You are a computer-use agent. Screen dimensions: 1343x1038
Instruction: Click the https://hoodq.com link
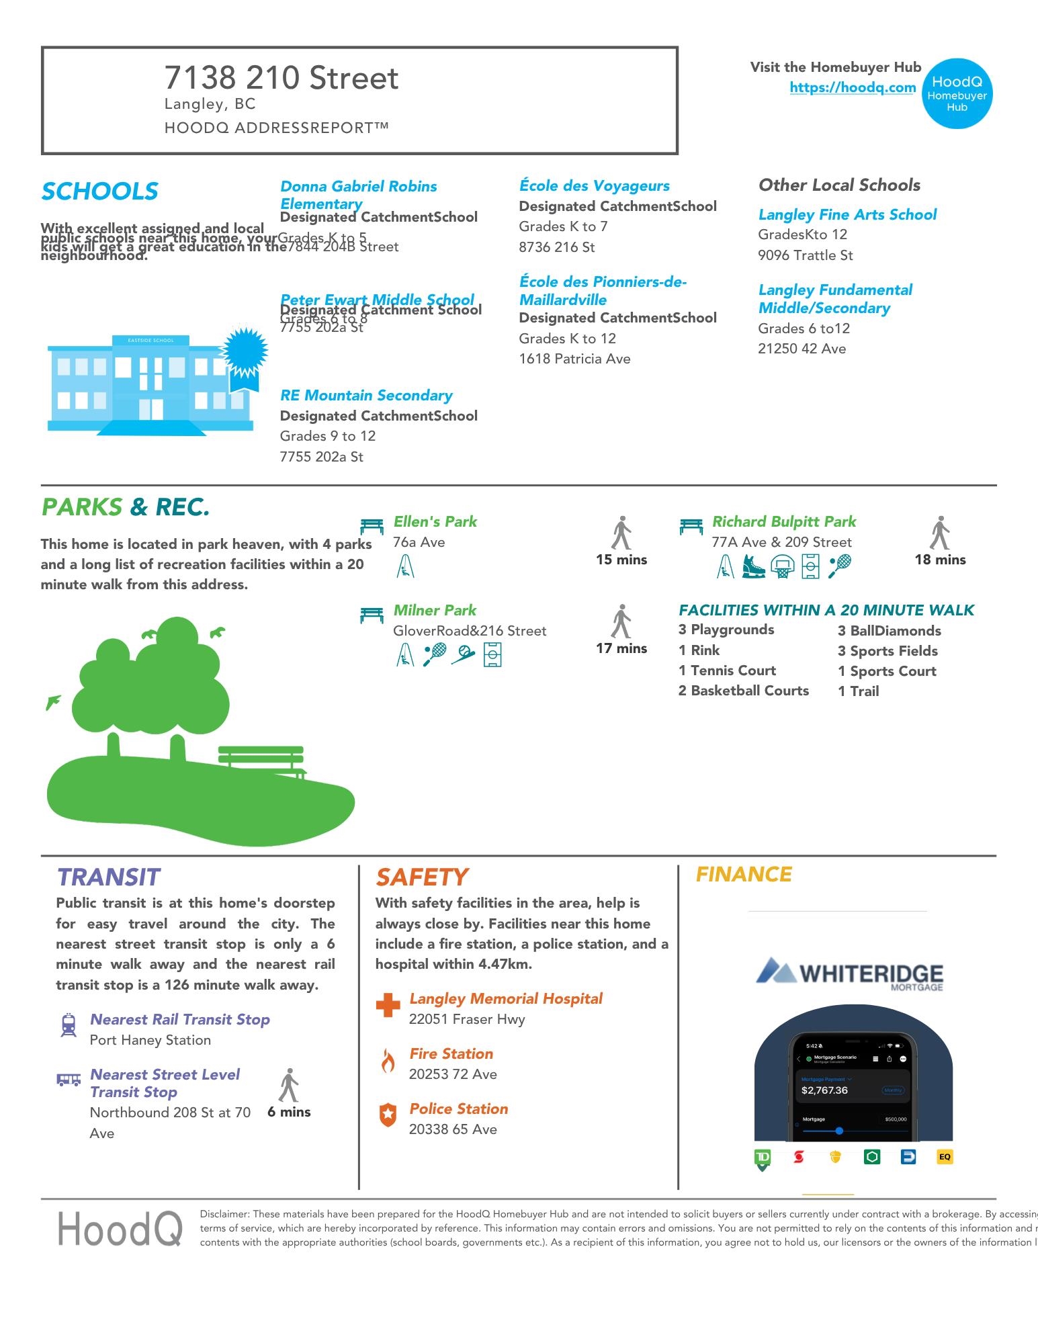tap(853, 87)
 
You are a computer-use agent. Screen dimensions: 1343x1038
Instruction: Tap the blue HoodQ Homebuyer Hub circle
tap(957, 93)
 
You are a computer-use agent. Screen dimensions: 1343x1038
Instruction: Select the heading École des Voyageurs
tap(594, 186)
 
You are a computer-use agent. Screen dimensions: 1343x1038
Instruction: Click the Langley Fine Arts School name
tap(847, 215)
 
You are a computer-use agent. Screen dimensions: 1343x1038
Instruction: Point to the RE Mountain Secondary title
tap(366, 396)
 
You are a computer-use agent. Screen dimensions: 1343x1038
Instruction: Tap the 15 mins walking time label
tap(621, 560)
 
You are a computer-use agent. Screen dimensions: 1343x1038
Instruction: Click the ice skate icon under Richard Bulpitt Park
tap(754, 566)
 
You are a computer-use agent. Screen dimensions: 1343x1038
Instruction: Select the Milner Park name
tap(435, 611)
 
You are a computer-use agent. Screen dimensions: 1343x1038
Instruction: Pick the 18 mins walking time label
tap(940, 560)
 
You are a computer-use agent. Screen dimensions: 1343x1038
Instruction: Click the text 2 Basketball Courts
tap(743, 691)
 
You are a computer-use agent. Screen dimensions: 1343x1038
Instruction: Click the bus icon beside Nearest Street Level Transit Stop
tap(69, 1080)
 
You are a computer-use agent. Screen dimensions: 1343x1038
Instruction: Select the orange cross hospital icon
tap(388, 1006)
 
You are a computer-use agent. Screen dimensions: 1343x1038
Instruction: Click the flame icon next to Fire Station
tap(388, 1062)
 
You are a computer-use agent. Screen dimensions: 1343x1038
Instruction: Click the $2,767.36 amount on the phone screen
tap(824, 1090)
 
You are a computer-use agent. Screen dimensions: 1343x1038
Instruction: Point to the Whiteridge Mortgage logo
tap(850, 975)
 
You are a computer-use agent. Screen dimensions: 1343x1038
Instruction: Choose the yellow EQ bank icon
tap(945, 1157)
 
